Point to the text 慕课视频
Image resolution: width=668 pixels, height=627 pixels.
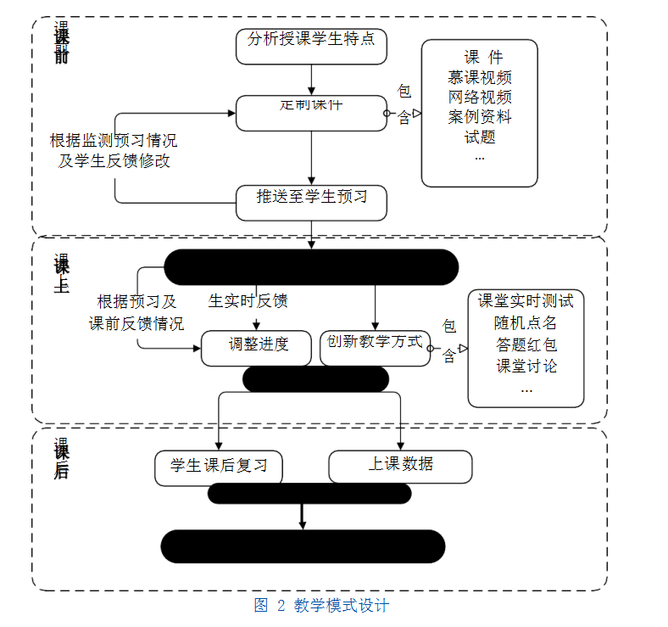480,77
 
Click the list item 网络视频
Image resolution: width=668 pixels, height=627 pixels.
480,97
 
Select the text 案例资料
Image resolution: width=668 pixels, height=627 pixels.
480,116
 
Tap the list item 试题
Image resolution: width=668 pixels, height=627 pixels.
480,136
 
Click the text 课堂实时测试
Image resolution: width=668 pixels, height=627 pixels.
526,301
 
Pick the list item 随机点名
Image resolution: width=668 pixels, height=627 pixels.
526,323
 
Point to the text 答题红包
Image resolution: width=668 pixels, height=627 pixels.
526,345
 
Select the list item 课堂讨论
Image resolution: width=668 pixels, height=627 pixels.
526,367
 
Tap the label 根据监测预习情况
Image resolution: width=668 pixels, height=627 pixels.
114,141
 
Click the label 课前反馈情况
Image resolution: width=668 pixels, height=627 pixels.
136,323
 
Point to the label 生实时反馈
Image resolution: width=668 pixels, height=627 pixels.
248,301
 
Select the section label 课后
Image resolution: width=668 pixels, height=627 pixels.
61,459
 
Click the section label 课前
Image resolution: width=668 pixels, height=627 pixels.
61,42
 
